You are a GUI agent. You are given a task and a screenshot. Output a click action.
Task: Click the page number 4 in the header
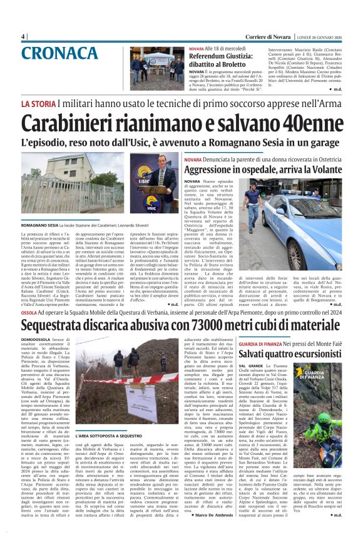click(x=23, y=36)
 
